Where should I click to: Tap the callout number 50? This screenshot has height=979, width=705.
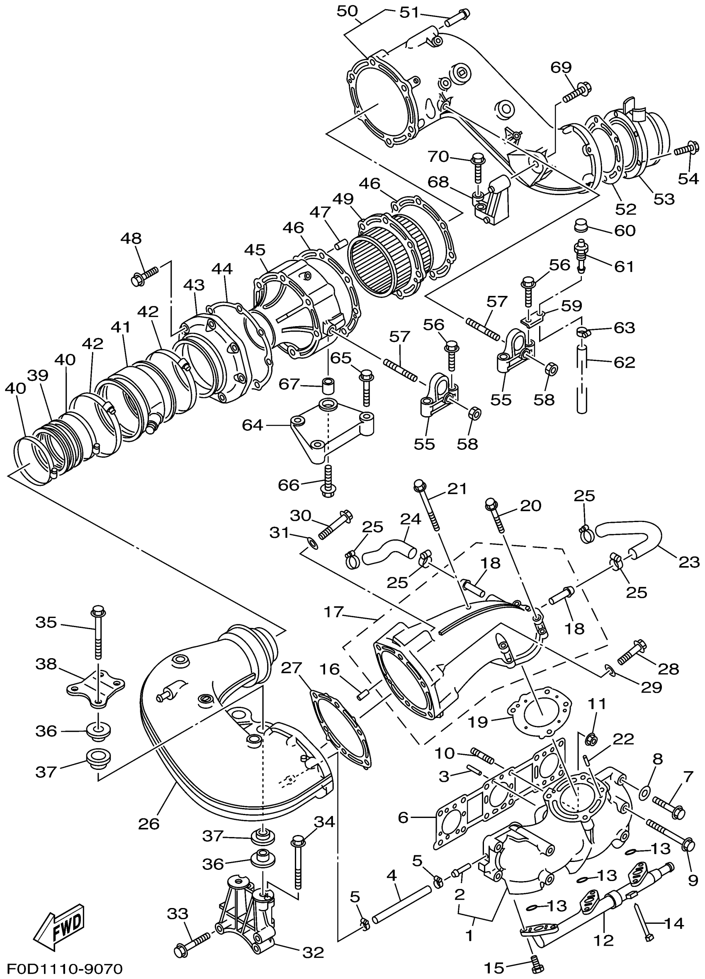pos(348,11)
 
